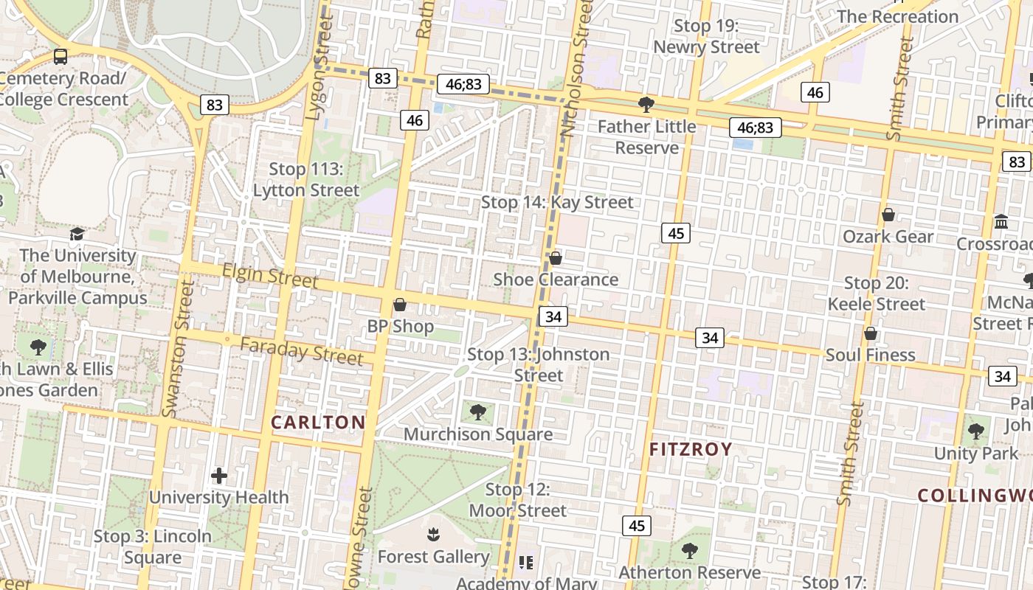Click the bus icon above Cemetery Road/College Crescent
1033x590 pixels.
(x=61, y=57)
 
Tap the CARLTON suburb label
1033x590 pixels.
(x=318, y=423)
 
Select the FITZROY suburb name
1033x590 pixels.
(x=691, y=449)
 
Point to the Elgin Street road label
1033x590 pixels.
(x=270, y=276)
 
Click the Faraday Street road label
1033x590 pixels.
(x=302, y=351)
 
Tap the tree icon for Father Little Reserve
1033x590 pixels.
(x=646, y=105)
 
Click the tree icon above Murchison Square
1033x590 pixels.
(x=478, y=412)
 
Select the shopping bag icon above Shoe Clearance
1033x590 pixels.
(x=556, y=257)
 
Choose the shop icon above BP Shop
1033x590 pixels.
(x=400, y=304)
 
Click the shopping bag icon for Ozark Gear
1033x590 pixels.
(x=888, y=215)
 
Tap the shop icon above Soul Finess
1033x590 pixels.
(x=871, y=333)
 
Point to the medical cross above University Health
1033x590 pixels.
(x=219, y=476)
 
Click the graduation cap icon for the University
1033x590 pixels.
(x=77, y=234)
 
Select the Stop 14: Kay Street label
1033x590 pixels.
(x=557, y=202)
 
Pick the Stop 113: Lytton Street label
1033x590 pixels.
(x=306, y=180)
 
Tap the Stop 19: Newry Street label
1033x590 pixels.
(x=706, y=37)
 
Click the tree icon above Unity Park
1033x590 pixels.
(x=975, y=431)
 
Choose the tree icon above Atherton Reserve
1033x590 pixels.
(x=690, y=550)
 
